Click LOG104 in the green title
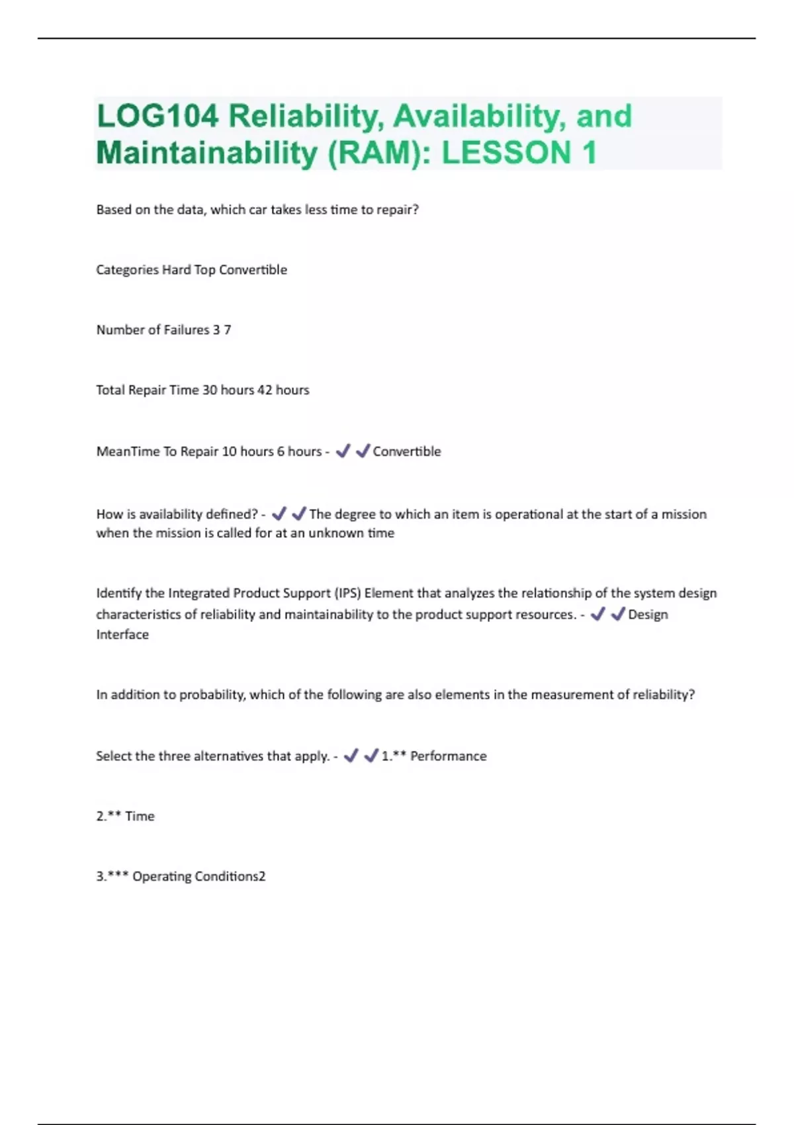[157, 116]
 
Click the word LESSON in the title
[506, 153]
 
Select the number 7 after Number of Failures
[228, 330]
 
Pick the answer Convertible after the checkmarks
[407, 451]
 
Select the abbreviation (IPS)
[347, 594]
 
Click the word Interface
[122, 635]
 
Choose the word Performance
[448, 756]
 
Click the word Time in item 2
[140, 817]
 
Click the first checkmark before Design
[597, 614]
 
